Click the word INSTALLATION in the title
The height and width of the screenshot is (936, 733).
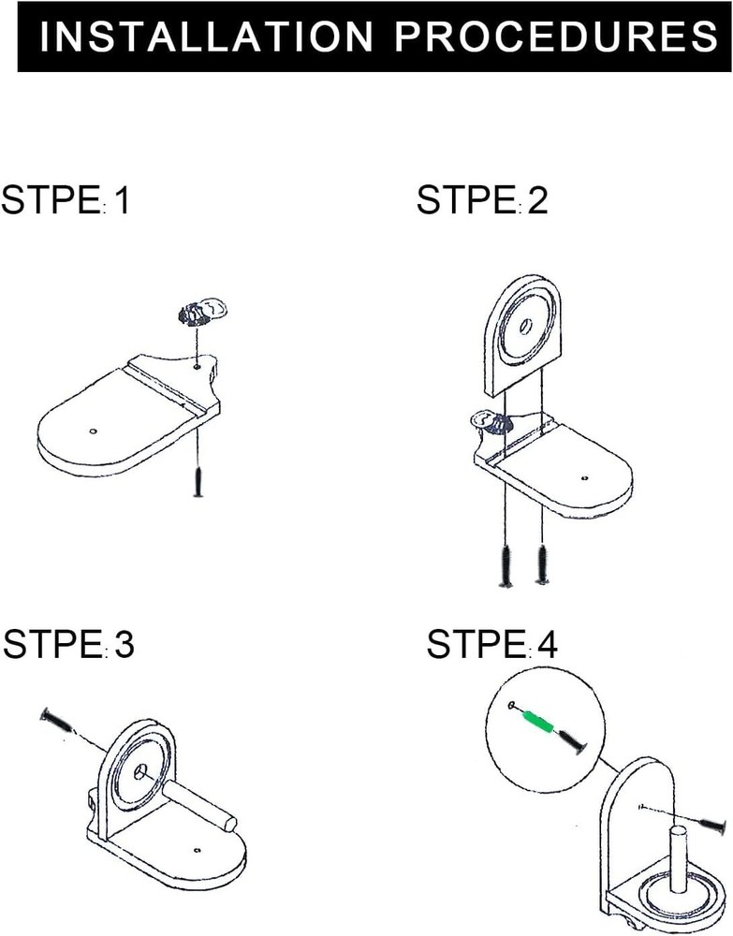(x=206, y=36)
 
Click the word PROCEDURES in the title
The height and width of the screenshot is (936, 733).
(x=556, y=36)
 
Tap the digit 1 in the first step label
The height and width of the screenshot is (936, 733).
(x=123, y=199)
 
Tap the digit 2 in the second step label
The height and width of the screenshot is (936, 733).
(x=537, y=199)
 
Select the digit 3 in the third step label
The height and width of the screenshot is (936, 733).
(x=125, y=644)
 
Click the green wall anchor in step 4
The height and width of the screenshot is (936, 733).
(x=539, y=720)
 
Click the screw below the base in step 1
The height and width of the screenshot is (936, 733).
(x=198, y=482)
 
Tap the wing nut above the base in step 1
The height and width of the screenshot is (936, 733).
(x=204, y=312)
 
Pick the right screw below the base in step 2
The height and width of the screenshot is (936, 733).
(x=542, y=563)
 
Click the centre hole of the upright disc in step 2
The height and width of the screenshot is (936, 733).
(x=526, y=326)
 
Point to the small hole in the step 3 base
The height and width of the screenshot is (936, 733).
(x=197, y=849)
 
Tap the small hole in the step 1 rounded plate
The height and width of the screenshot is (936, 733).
(x=92, y=431)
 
